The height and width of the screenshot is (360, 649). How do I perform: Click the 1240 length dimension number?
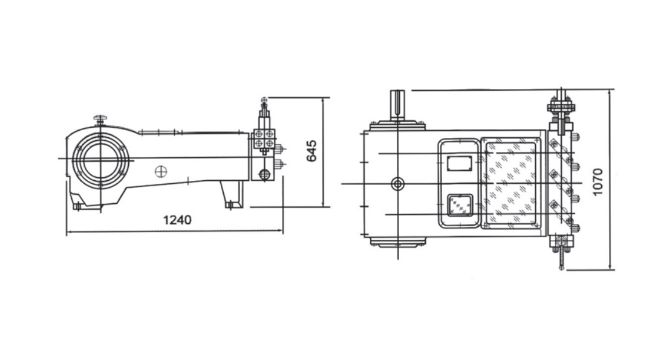click(x=178, y=220)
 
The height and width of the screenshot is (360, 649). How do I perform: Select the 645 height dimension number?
click(x=311, y=151)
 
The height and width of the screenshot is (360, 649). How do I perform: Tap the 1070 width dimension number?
click(x=598, y=182)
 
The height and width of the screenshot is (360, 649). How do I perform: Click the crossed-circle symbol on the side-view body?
click(x=161, y=171)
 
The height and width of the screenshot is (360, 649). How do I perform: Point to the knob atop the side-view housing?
click(x=99, y=120)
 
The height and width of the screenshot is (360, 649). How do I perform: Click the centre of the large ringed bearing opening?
click(x=100, y=160)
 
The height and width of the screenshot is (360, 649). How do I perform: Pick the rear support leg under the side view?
click(x=232, y=195)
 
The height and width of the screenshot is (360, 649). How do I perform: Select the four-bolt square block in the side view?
click(x=264, y=139)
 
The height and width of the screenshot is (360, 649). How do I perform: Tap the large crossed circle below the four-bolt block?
click(x=264, y=174)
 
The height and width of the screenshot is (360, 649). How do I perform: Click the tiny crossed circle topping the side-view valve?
click(x=264, y=100)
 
